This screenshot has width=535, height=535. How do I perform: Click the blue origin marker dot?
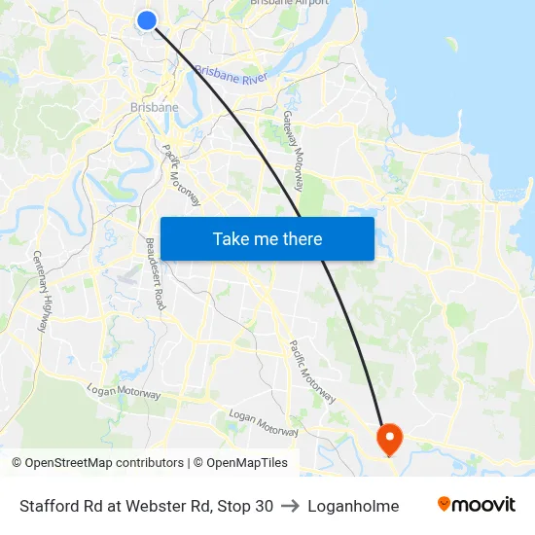click(x=147, y=20)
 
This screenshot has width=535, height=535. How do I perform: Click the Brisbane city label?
click(x=155, y=108)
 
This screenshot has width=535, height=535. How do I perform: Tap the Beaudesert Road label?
click(x=156, y=273)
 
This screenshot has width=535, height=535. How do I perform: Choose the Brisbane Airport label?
click(x=289, y=3)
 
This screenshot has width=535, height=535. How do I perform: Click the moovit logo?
click(x=477, y=505)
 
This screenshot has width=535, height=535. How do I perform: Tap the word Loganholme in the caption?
click(x=353, y=506)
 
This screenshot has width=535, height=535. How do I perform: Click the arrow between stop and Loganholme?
click(x=291, y=506)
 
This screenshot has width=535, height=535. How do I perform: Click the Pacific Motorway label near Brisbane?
click(x=181, y=175)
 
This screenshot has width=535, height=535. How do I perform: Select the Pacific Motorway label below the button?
click(x=312, y=372)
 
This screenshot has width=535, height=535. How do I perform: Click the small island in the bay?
click(x=451, y=43)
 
